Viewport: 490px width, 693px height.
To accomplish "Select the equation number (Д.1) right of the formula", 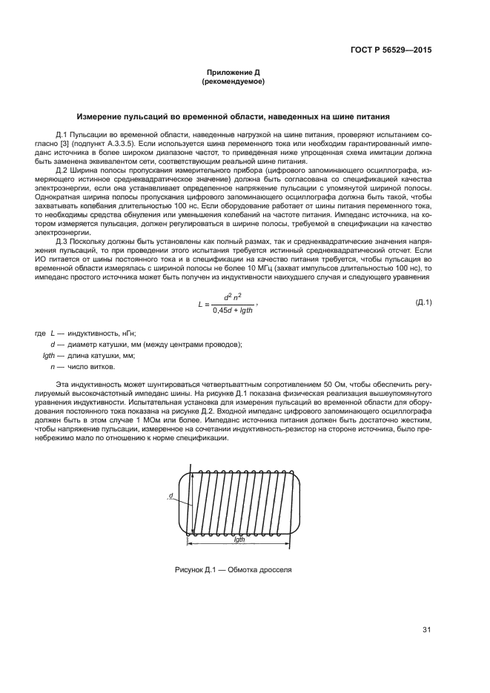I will (x=423, y=302).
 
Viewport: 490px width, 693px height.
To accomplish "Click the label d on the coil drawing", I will (x=170, y=495).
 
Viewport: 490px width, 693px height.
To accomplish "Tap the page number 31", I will (x=426, y=630).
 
